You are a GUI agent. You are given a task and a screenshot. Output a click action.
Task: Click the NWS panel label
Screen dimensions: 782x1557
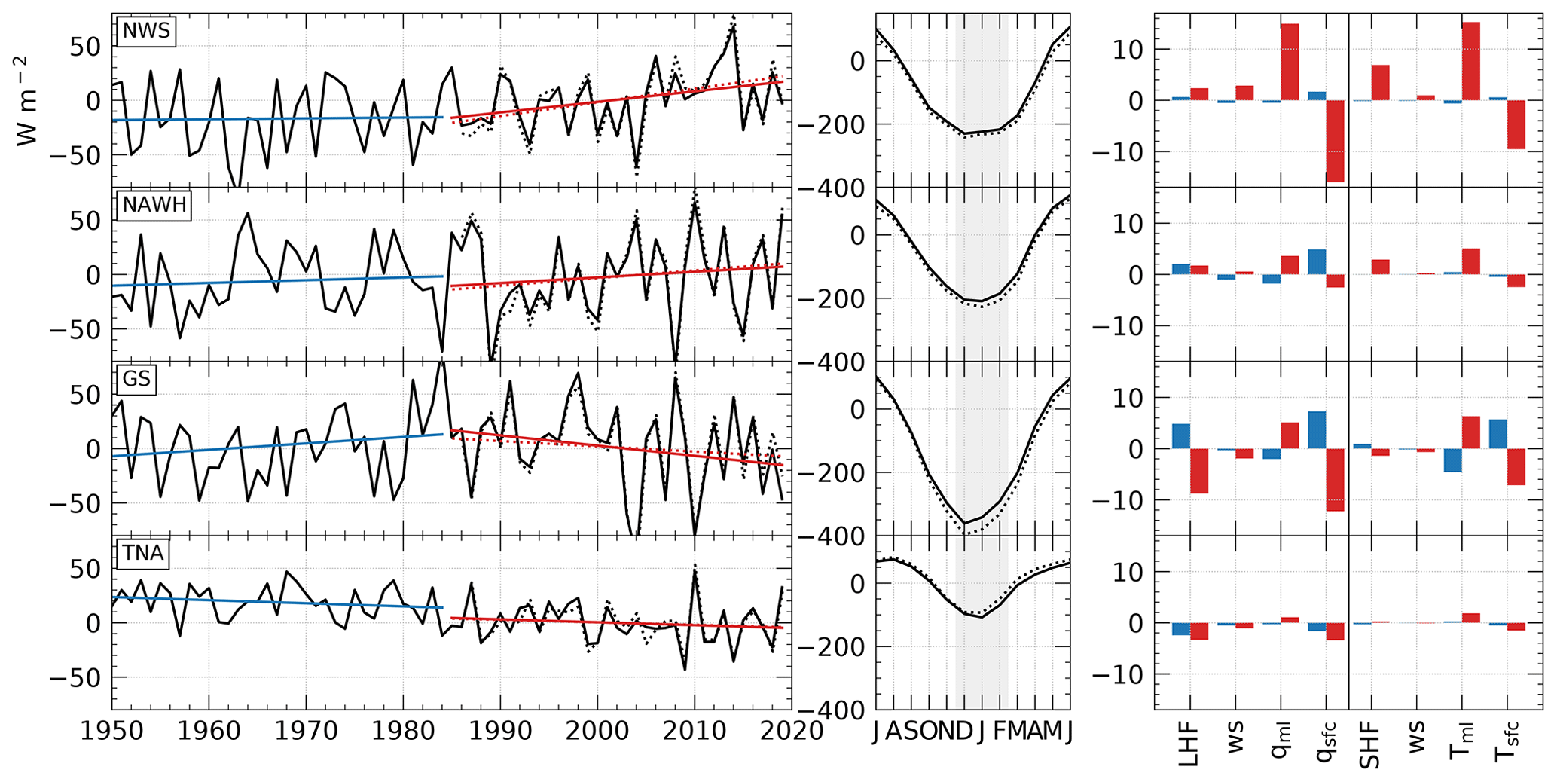tap(147, 32)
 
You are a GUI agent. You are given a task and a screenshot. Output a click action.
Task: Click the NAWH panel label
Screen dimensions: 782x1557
tap(154, 205)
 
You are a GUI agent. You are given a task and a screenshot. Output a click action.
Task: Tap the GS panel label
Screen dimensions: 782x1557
tap(136, 378)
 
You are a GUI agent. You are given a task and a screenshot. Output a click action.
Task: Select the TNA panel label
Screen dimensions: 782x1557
tap(143, 553)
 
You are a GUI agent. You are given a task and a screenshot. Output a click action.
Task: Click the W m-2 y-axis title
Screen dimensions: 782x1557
tap(29, 100)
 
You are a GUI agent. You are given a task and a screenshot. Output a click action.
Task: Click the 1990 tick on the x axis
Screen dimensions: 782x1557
tap(501, 731)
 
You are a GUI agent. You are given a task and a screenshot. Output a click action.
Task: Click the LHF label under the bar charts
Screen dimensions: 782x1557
tap(1188, 744)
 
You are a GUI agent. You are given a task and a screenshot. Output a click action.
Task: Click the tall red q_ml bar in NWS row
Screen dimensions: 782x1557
tap(1290, 62)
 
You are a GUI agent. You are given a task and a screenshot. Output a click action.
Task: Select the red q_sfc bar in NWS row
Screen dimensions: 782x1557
tap(1335, 141)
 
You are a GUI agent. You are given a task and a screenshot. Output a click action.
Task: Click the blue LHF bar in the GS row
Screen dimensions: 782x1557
tap(1180, 436)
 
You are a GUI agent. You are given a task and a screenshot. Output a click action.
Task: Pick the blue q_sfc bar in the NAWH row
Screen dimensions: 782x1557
tap(1317, 261)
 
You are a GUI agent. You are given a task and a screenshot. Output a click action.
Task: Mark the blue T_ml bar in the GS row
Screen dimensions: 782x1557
tap(1452, 460)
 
